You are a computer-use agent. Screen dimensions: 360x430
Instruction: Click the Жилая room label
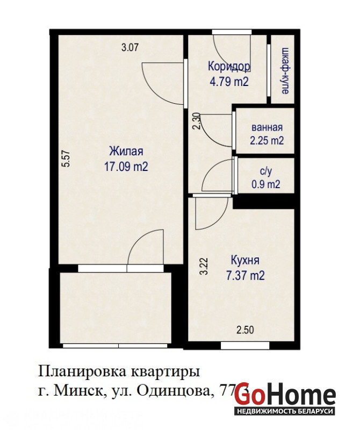(126, 152)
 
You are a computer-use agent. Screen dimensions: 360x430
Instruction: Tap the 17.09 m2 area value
(126, 166)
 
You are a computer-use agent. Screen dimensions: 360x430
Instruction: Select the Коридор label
(229, 66)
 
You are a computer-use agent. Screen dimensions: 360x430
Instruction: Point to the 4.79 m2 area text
(229, 82)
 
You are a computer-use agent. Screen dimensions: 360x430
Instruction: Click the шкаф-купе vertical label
(285, 71)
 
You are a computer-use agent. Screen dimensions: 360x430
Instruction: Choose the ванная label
(267, 127)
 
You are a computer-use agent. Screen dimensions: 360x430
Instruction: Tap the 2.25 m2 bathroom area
(267, 140)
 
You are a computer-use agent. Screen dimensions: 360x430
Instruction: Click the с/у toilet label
(265, 171)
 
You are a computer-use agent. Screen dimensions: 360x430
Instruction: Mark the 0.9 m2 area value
(266, 184)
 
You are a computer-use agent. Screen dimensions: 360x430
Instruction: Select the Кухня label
(245, 260)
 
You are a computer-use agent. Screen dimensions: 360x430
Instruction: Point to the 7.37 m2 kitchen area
(246, 275)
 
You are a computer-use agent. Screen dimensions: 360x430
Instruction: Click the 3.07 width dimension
(130, 47)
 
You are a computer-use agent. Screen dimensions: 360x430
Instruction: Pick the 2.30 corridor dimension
(197, 121)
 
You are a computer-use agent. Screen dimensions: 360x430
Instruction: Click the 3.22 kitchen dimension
(204, 266)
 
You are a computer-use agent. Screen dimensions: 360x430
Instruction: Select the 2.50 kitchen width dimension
(245, 329)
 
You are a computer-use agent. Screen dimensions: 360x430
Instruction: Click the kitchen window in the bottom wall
(246, 346)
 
